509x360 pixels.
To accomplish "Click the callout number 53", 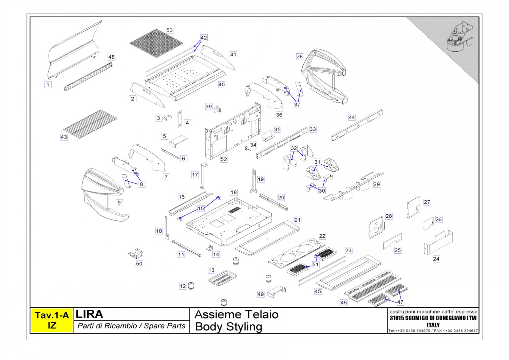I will click(169, 30).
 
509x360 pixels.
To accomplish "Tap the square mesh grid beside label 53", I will click(156, 43).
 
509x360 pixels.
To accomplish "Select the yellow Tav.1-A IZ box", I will click(52, 320).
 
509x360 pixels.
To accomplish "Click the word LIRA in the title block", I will click(90, 314).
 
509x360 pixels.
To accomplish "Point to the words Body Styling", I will click(229, 327).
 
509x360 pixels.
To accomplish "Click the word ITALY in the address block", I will click(433, 325).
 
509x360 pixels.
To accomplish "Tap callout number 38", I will click(299, 56).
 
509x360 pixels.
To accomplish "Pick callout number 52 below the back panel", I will click(224, 159).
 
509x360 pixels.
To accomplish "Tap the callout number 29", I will click(377, 184).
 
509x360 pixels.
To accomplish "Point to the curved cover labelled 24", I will click(438, 243).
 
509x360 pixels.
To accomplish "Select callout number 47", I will click(400, 302).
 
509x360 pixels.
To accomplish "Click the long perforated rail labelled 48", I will click(89, 77).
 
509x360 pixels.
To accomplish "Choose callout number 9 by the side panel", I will click(119, 203).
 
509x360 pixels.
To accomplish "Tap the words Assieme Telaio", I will click(237, 314).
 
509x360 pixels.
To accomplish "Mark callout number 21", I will click(297, 220).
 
